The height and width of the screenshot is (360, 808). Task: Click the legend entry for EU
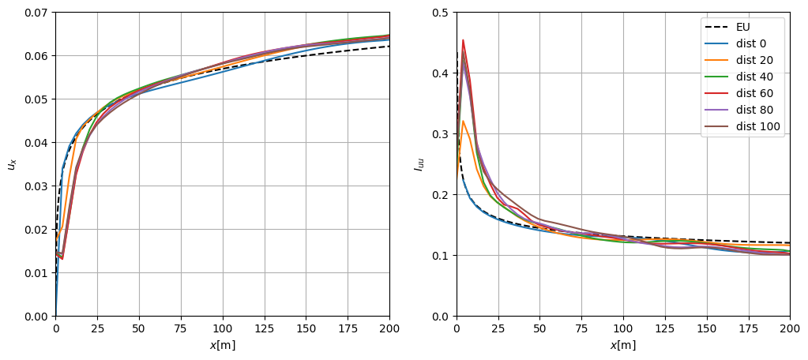pos(742,27)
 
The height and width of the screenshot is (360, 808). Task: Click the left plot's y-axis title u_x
pos(11,164)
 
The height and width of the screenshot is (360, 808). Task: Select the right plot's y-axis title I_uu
pos(418,164)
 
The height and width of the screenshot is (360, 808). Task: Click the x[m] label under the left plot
pos(222,345)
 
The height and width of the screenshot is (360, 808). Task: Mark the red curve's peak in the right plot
pos(463,39)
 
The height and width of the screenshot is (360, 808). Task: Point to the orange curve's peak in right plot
pos(464,121)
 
